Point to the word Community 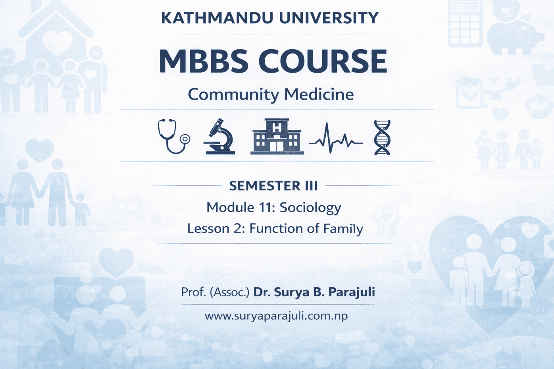pyautogui.click(x=233, y=95)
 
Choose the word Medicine pyautogui.click(x=319, y=94)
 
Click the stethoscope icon pyautogui.click(x=174, y=136)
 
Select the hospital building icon pyautogui.click(x=277, y=136)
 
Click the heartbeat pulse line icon pyautogui.click(x=336, y=138)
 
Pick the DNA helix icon pyautogui.click(x=382, y=138)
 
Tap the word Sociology pyautogui.click(x=310, y=208)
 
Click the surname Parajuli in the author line pyautogui.click(x=352, y=292)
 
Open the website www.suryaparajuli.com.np pyautogui.click(x=276, y=316)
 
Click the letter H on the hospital pyautogui.click(x=277, y=129)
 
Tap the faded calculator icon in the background pyautogui.click(x=466, y=24)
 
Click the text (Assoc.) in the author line pyautogui.click(x=229, y=292)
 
